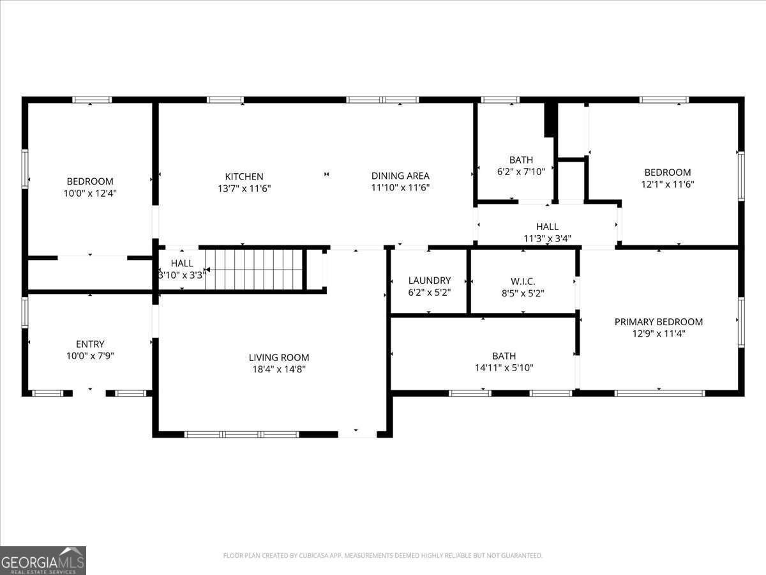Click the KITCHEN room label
pos(244,176)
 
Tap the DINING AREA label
pos(400,176)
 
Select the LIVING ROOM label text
pos(279,358)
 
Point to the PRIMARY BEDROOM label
pos(658,322)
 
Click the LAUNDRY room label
pos(429,280)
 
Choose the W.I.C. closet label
pos(523,281)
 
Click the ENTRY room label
pos(90,344)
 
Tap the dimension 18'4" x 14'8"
pos(279,369)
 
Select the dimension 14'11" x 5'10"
pos(504,367)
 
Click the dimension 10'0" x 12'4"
pos(90,193)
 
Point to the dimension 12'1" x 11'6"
pos(667,184)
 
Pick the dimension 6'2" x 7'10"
pos(521,171)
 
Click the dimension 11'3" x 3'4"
pos(547,238)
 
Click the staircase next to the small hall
pos(254,270)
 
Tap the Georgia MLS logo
pos(43,560)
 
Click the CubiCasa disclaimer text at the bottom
pos(383,556)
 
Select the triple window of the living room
pos(241,434)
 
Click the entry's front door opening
pos(89,393)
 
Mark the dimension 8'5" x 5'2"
pos(523,293)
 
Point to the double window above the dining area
pos(382,100)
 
